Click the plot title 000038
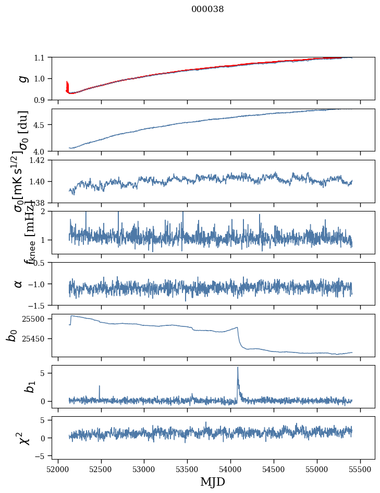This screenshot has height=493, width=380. (207, 9)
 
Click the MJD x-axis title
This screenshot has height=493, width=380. (213, 482)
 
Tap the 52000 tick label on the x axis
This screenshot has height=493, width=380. (58, 468)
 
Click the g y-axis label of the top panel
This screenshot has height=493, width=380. (21, 78)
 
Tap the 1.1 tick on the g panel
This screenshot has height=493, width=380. (42, 57)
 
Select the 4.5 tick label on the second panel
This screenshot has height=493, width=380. (42, 125)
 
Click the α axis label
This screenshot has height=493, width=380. (19, 284)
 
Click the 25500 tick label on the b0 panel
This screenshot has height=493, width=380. (36, 319)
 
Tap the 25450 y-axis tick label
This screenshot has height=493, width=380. (36, 339)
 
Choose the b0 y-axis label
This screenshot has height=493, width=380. (11, 334)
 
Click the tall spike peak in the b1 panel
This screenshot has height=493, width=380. (238, 367)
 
